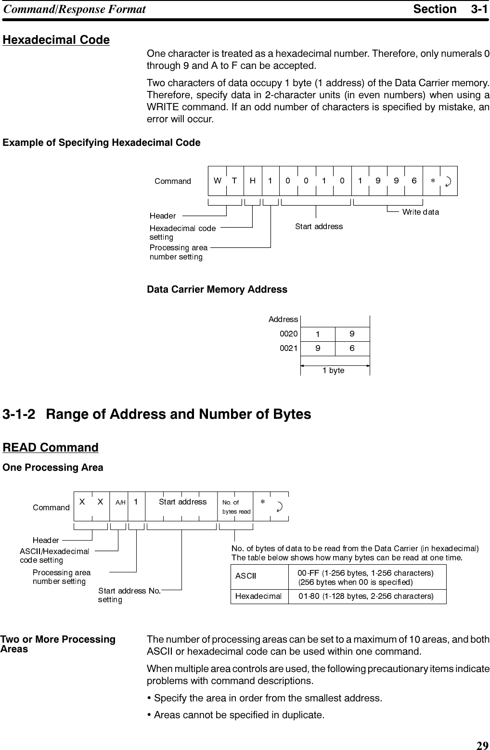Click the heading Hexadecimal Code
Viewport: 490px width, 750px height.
click(x=56, y=40)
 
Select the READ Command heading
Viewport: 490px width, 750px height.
click(x=51, y=448)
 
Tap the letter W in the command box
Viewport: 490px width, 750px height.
click(x=218, y=181)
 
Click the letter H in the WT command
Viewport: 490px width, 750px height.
click(x=253, y=181)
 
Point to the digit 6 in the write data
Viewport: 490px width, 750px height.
click(x=414, y=181)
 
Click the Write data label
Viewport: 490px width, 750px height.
click(x=420, y=212)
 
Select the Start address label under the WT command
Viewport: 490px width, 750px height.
click(x=319, y=226)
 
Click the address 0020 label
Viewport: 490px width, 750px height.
click(x=288, y=333)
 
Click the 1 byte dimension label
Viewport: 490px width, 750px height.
click(x=334, y=370)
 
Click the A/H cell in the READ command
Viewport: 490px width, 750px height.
click(x=120, y=502)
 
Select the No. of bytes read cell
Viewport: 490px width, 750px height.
click(x=236, y=507)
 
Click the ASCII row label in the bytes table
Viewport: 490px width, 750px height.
click(x=245, y=576)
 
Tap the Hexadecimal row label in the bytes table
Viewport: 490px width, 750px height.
click(x=258, y=596)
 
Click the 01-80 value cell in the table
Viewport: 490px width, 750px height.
click(x=366, y=596)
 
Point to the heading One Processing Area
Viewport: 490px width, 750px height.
click(x=53, y=468)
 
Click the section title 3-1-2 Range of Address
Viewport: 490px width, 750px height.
click(x=157, y=414)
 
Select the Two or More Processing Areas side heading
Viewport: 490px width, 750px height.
click(x=59, y=644)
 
